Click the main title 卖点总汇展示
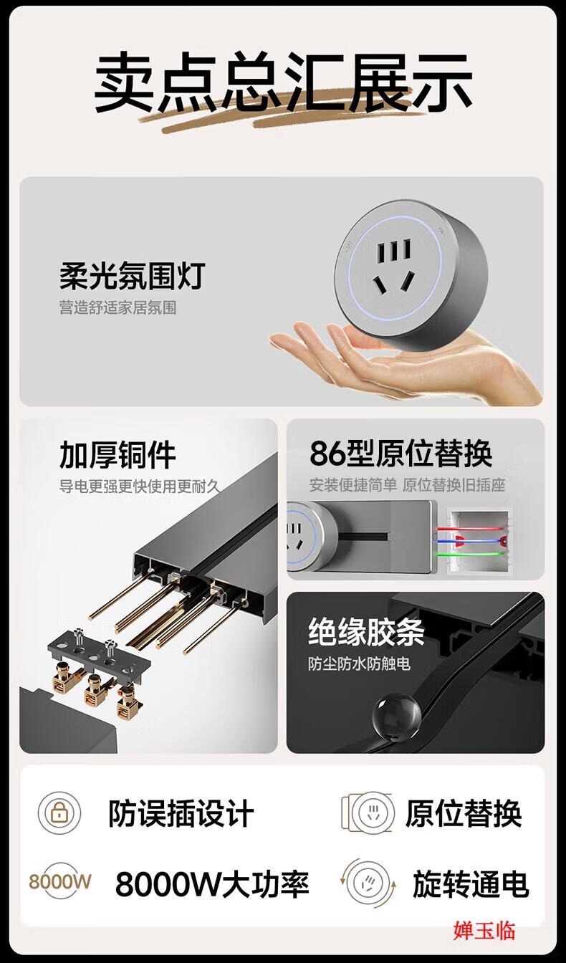tap(283, 82)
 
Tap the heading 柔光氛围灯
tap(133, 276)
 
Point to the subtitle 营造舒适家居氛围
tap(117, 308)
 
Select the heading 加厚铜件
tap(117, 454)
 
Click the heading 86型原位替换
tap(400, 453)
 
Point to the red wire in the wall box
tap(469, 529)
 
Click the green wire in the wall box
tap(469, 554)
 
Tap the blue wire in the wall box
tap(469, 541)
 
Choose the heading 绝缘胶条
tap(366, 631)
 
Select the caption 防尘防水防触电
tap(359, 663)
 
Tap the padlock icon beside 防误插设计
tap(59, 813)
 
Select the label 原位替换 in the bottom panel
tap(464, 813)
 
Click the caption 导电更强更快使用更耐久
tap(140, 487)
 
